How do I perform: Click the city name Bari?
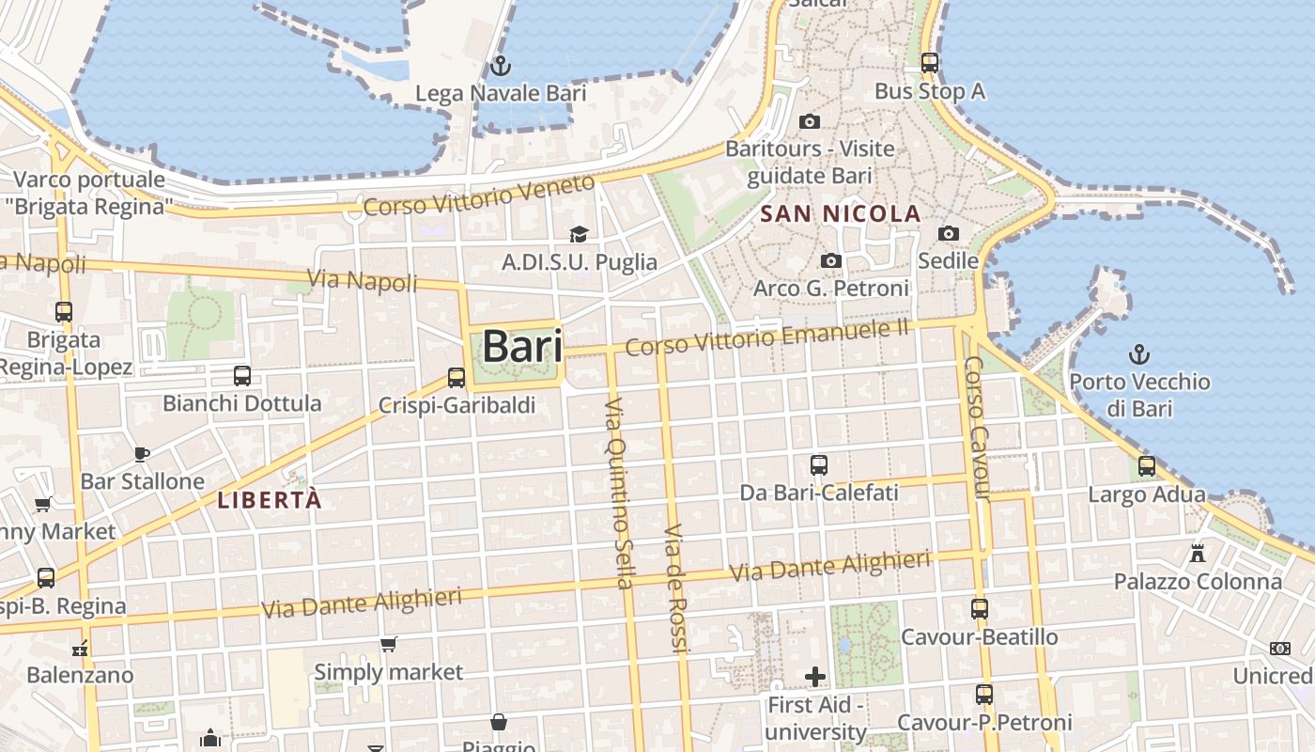click(522, 347)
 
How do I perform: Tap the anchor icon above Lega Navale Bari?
click(501, 66)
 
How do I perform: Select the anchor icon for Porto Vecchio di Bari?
click(1139, 354)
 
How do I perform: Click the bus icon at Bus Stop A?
click(930, 63)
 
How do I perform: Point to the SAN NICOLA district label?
click(840, 214)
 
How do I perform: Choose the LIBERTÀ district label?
click(270, 500)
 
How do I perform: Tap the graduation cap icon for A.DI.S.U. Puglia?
click(579, 234)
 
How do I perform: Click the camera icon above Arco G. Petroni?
click(831, 260)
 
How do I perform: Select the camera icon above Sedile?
click(949, 233)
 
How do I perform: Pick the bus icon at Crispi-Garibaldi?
click(456, 378)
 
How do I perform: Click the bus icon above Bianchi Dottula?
click(242, 376)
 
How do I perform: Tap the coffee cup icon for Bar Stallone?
click(142, 455)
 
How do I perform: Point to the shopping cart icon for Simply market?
click(389, 645)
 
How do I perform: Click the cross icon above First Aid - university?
click(815, 676)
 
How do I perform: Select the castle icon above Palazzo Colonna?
click(1198, 554)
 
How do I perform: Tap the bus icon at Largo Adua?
click(1147, 466)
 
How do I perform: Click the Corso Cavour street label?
click(978, 428)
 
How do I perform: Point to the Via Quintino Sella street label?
click(619, 493)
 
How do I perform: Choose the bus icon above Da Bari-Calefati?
click(819, 464)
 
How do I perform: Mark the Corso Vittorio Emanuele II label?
click(767, 337)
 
